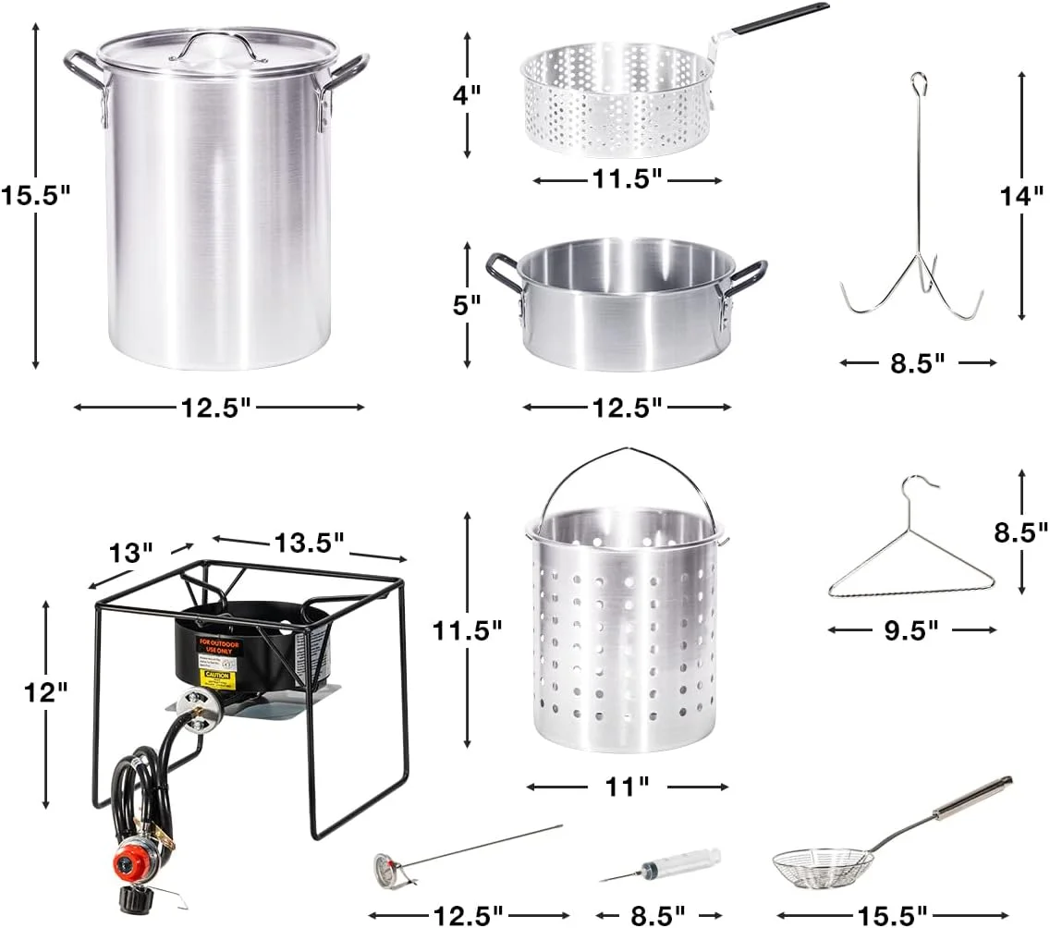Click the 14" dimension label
(1021, 196)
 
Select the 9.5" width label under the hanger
(911, 629)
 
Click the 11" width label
(628, 787)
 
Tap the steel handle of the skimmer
(971, 800)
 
